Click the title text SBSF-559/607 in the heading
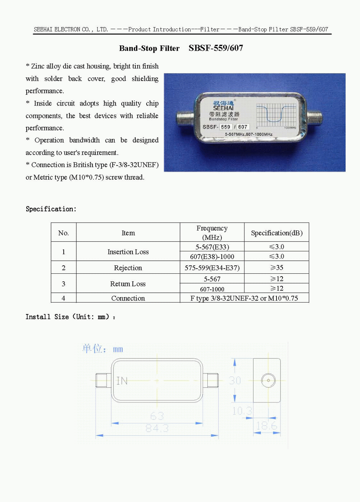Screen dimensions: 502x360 point(216,48)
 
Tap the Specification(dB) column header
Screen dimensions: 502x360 point(276,233)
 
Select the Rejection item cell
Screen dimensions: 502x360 point(128,268)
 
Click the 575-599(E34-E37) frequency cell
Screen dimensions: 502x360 point(212,268)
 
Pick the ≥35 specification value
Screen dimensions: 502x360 point(276,268)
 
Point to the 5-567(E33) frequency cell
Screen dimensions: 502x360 point(212,247)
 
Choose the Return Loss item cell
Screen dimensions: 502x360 point(128,284)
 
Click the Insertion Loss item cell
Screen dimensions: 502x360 point(128,252)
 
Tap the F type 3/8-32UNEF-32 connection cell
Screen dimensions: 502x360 point(244,298)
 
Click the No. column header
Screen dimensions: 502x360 point(63,233)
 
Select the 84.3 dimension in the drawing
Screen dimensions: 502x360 point(157,428)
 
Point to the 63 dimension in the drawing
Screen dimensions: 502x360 point(157,416)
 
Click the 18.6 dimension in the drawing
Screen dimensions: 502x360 point(267,426)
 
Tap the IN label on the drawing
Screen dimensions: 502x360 point(122,381)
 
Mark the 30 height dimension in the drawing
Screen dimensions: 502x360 point(235,380)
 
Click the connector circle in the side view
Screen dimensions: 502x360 point(268,380)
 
